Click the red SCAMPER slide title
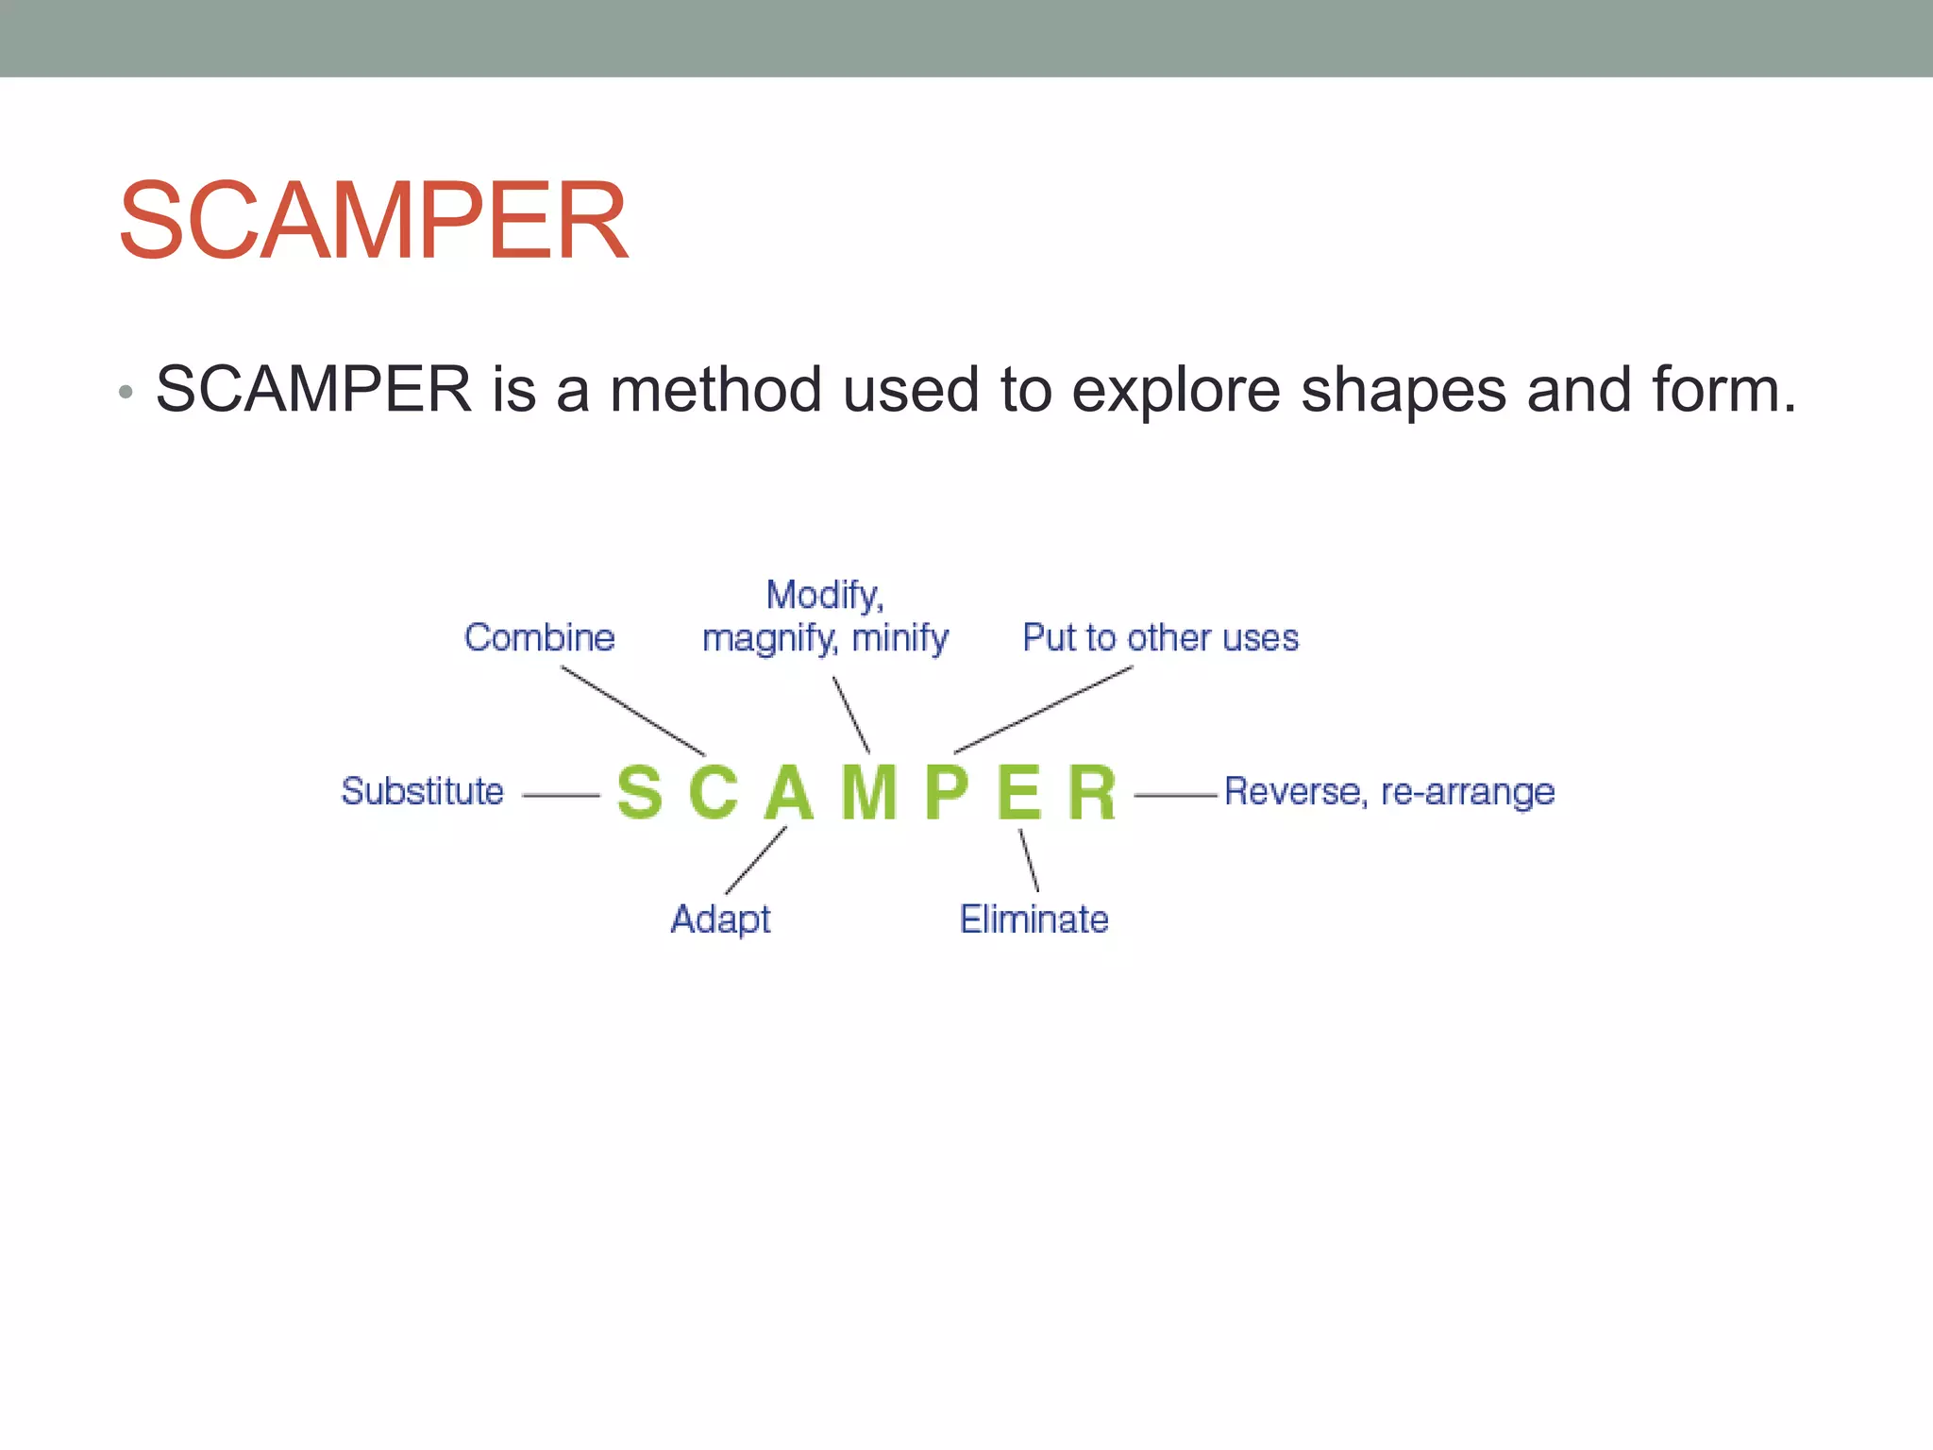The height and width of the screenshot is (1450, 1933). [x=374, y=221]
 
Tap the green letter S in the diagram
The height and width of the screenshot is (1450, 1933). [x=639, y=792]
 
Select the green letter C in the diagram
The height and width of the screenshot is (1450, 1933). [x=713, y=792]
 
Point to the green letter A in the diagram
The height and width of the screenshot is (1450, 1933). [x=789, y=792]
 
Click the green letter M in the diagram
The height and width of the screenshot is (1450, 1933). [x=868, y=792]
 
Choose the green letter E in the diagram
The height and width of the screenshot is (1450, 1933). [x=1019, y=792]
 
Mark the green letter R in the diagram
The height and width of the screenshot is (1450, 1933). [x=1092, y=792]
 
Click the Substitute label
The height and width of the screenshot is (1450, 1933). [x=422, y=791]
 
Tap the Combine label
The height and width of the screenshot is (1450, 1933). [x=539, y=638]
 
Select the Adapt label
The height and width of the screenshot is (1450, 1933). [x=720, y=919]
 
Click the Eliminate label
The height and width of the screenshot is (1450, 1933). [x=1034, y=919]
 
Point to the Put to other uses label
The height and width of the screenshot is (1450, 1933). [x=1160, y=638]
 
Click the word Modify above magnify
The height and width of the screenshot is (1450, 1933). [x=824, y=596]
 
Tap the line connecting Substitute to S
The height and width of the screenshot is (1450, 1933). [x=561, y=796]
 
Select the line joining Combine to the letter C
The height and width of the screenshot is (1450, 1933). [x=632, y=711]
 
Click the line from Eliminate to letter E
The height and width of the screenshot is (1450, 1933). [x=1029, y=860]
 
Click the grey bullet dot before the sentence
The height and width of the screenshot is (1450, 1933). [x=126, y=391]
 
